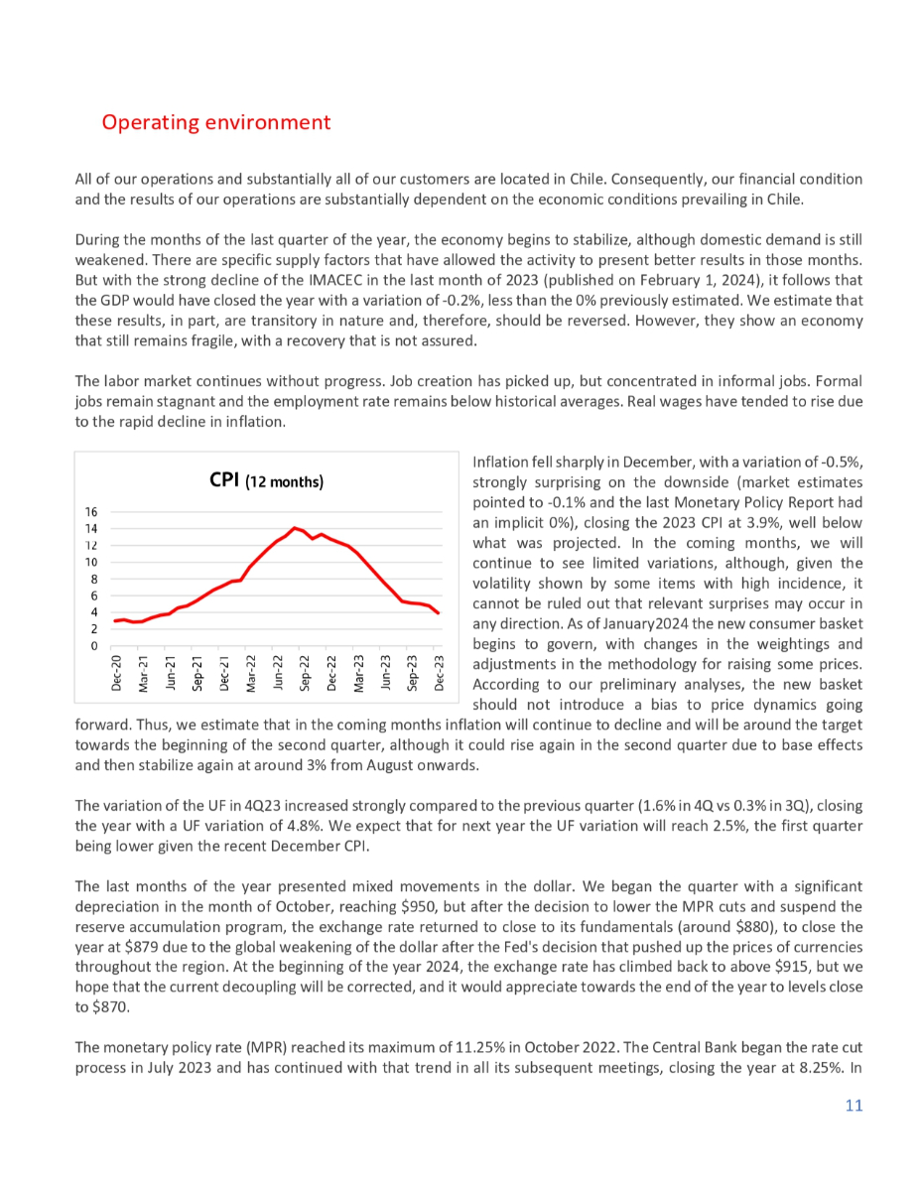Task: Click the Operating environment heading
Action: [215, 122]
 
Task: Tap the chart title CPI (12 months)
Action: [267, 481]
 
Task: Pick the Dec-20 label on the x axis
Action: [117, 674]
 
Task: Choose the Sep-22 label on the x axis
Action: [306, 674]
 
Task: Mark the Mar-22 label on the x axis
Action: [252, 674]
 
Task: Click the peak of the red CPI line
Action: [294, 527]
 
